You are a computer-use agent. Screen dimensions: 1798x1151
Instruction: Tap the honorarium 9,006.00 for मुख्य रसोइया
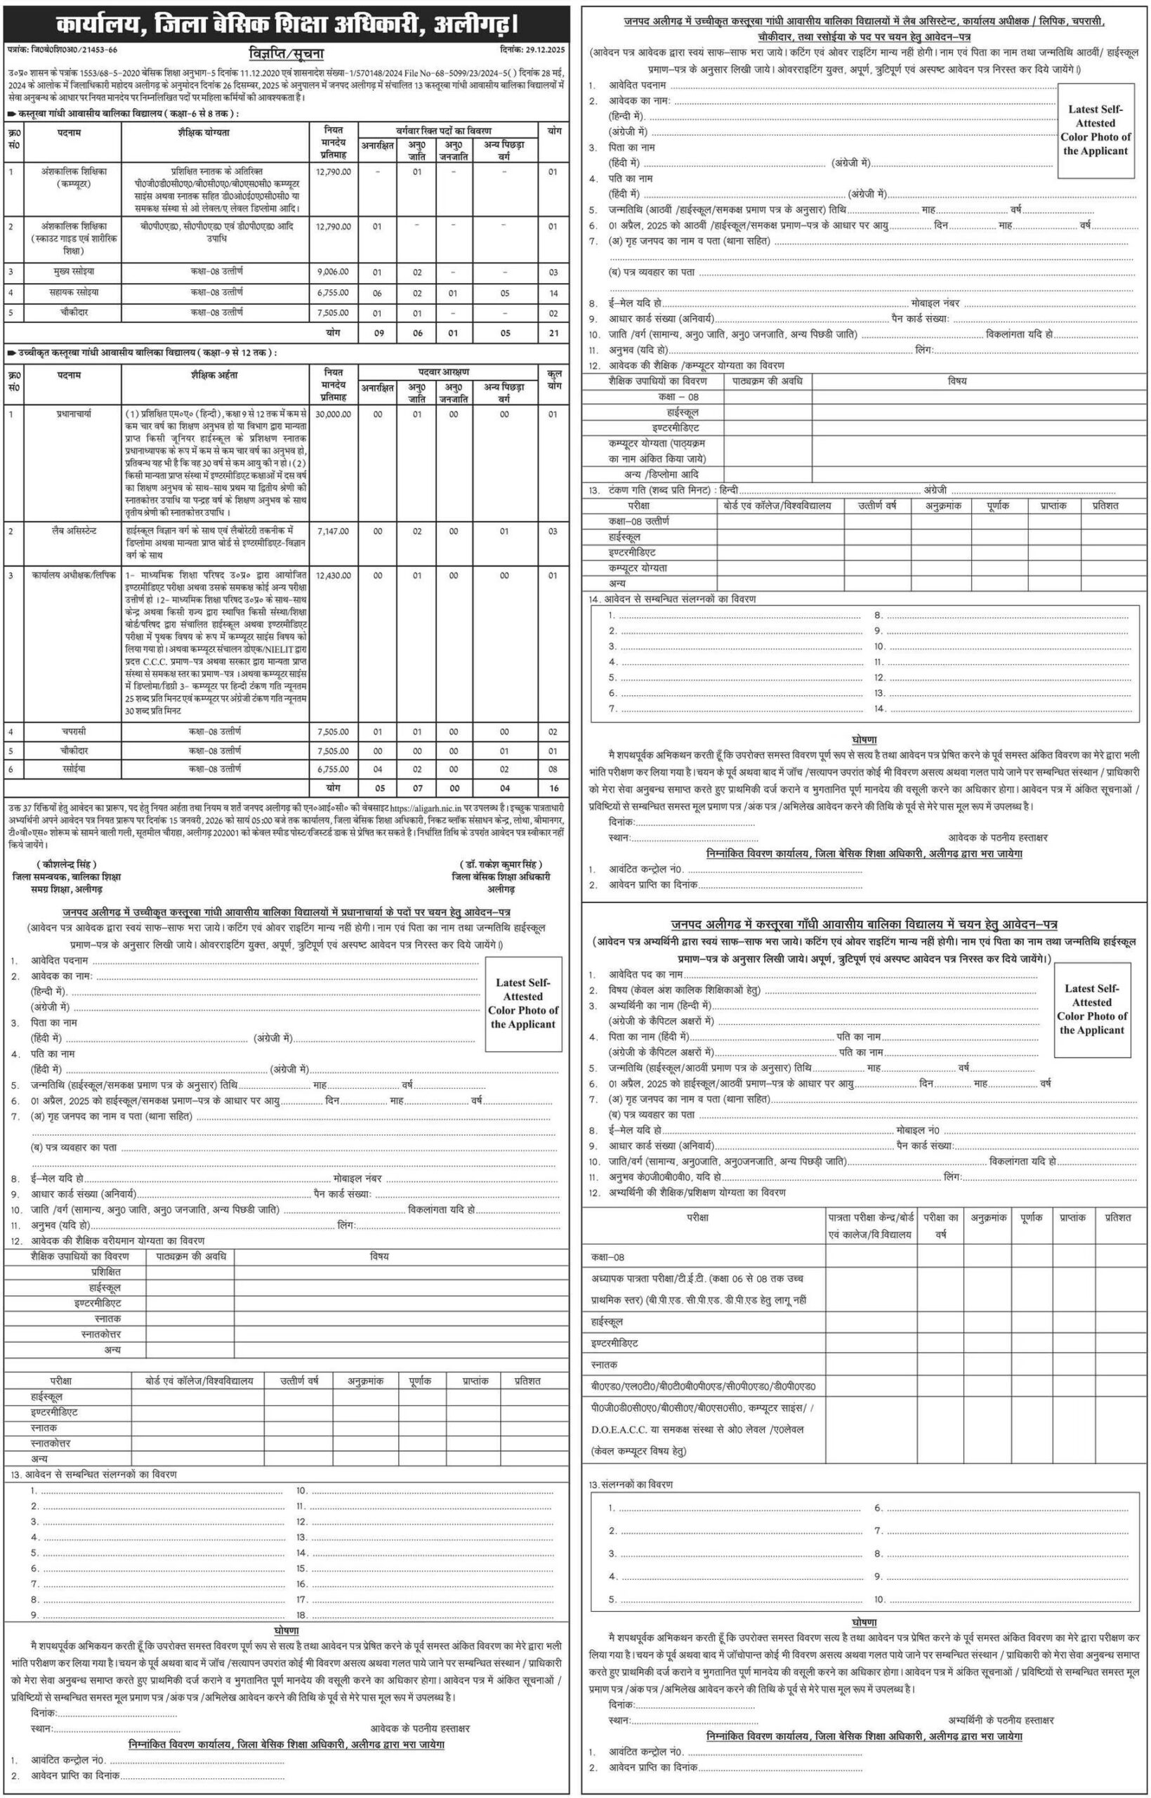333,272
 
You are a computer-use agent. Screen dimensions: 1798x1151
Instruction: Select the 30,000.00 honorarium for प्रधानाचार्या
333,414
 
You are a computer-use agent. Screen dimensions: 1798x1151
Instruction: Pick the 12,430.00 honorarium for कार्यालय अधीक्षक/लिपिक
333,575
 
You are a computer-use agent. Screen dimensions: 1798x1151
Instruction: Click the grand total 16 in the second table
553,787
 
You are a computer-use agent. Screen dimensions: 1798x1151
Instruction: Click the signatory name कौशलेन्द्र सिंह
67,865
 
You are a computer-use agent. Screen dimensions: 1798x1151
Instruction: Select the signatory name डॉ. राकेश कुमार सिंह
501,865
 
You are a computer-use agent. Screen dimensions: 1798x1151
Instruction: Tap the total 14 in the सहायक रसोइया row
553,293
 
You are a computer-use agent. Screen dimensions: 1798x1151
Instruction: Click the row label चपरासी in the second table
74,731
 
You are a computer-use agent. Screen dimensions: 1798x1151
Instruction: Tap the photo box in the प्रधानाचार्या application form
523,1003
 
